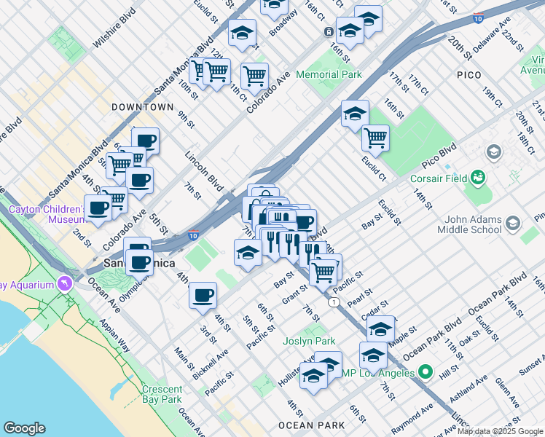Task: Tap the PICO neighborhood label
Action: (x=469, y=75)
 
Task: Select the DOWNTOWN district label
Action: (x=143, y=107)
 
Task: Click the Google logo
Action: (x=24, y=428)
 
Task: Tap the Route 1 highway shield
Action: (x=333, y=302)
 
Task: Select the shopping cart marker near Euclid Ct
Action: (x=375, y=137)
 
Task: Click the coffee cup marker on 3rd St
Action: (x=203, y=295)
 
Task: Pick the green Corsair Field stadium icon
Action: (x=478, y=177)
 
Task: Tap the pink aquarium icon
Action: (x=68, y=283)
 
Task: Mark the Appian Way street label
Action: (x=114, y=337)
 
